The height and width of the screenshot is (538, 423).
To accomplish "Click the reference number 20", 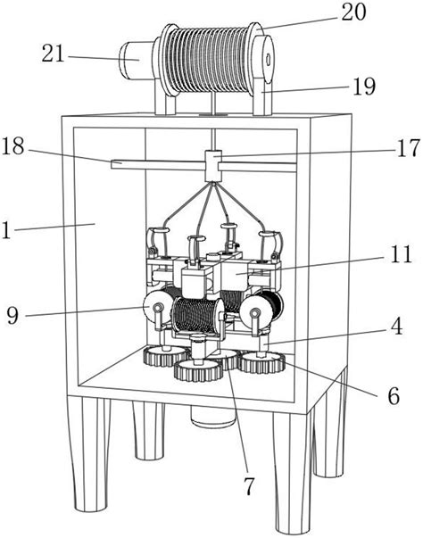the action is tap(353, 12).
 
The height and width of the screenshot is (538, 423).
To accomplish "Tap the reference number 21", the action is tap(54, 54).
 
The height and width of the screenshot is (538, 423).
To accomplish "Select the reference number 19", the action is tap(364, 87).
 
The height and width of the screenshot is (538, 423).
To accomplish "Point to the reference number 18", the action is tap(13, 145).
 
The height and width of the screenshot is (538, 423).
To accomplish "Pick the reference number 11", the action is tap(400, 254).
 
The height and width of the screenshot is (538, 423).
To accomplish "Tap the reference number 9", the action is tap(12, 315).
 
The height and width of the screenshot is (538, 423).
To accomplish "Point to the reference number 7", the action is tap(249, 486).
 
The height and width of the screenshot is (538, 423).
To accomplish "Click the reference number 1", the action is tap(6, 230).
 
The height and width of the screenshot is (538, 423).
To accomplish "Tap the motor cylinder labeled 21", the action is tap(137, 61).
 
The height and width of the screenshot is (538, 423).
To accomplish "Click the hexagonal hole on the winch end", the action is tap(269, 58).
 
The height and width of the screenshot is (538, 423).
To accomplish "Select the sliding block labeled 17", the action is tap(213, 166).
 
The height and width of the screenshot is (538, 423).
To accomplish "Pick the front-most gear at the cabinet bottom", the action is tap(197, 370).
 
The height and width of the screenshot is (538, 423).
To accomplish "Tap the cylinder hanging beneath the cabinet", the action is tap(213, 416).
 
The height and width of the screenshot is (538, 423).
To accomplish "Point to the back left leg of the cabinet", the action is tap(149, 431).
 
